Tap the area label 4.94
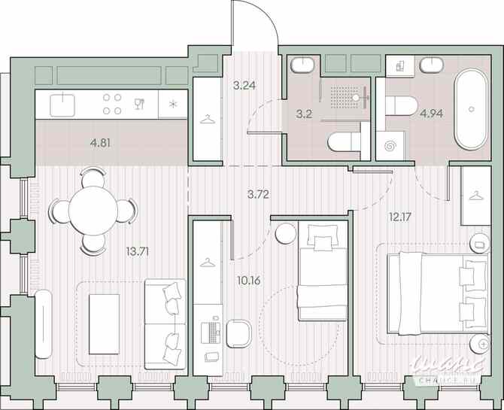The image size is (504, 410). (x=431, y=114)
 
